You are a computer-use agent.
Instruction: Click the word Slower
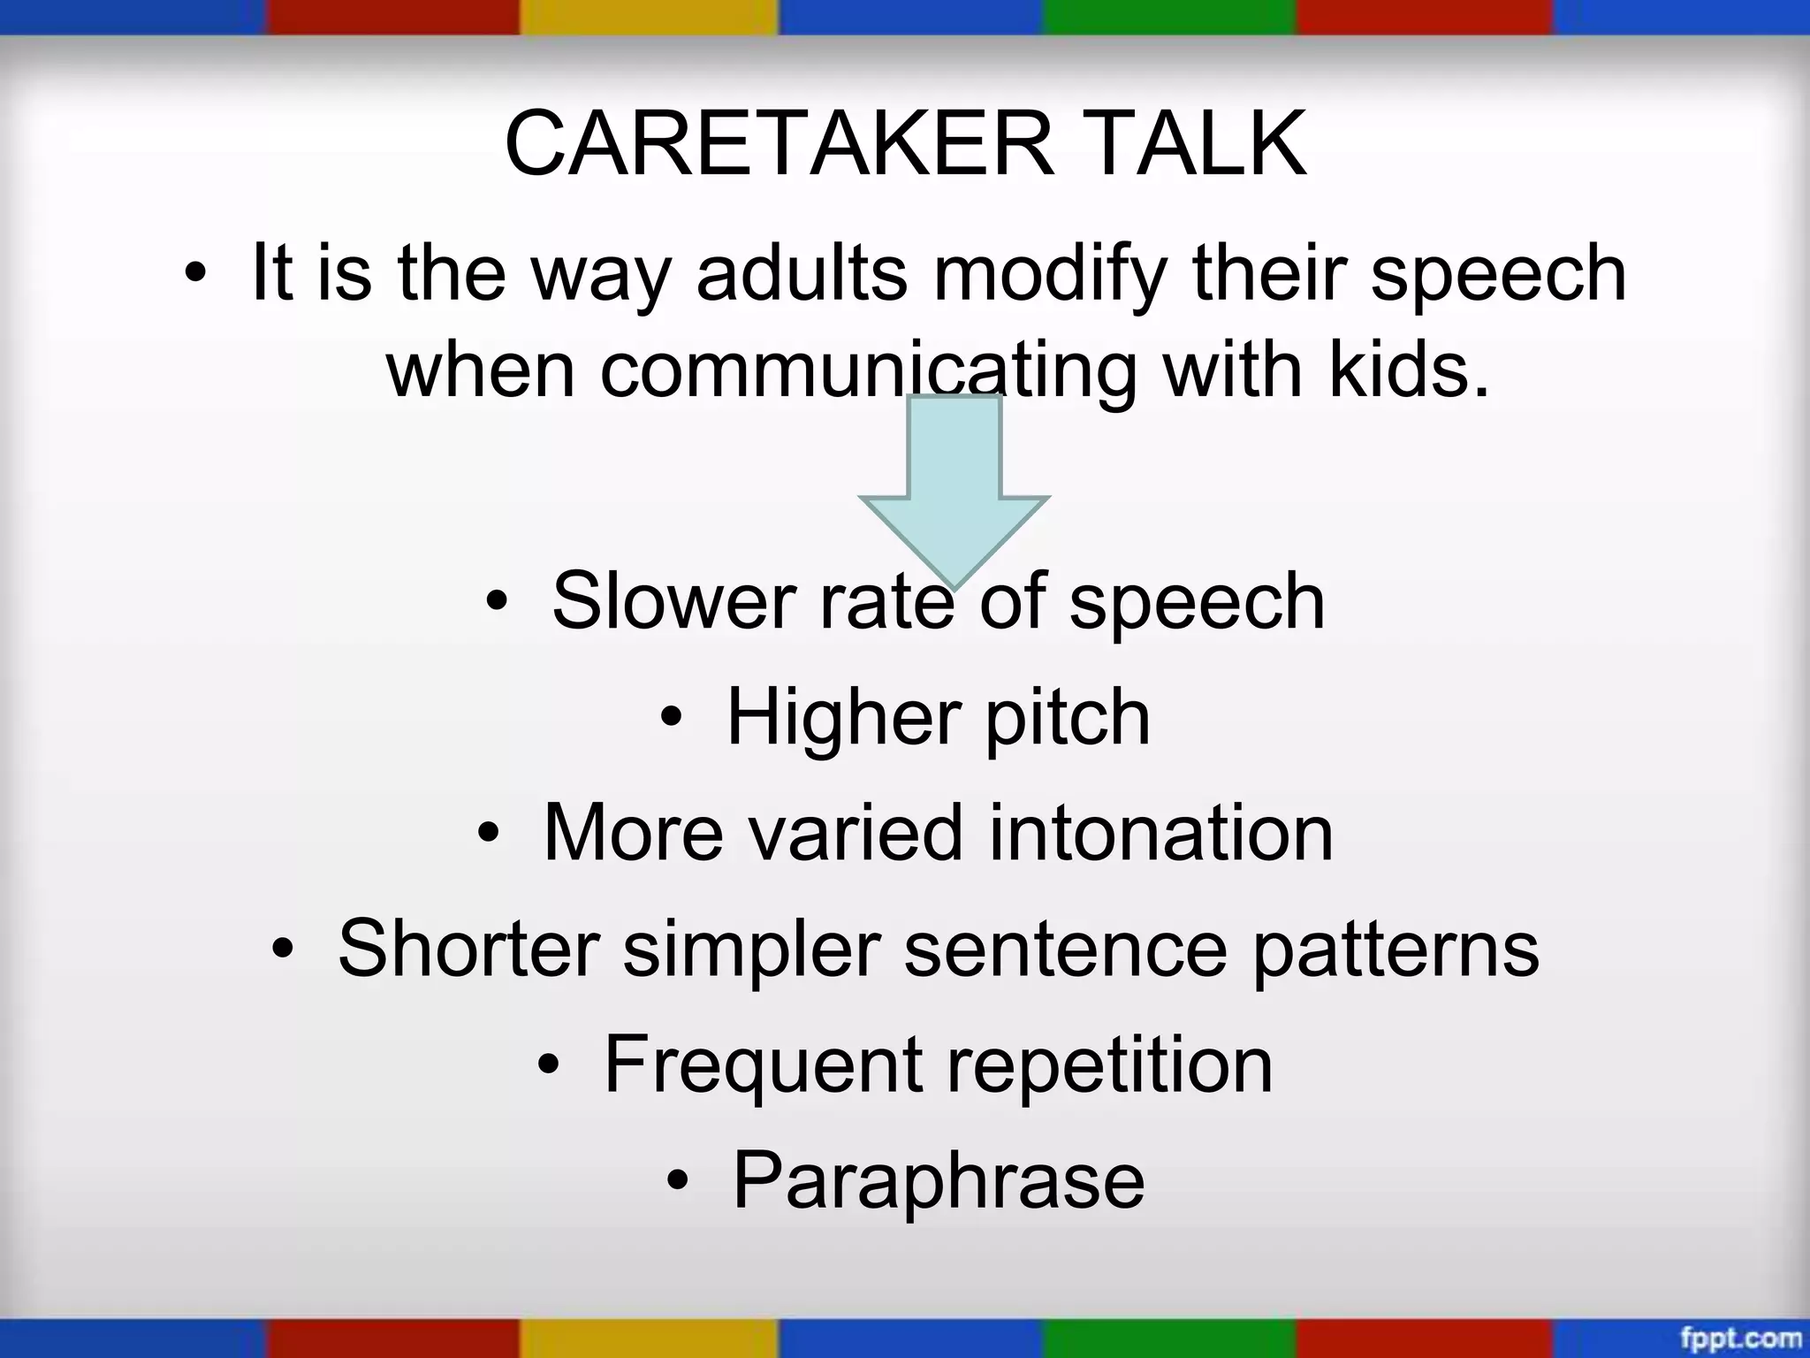(x=673, y=601)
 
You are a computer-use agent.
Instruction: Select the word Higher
(x=843, y=717)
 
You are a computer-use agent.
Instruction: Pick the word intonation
(x=1160, y=833)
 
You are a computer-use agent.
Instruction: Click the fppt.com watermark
(x=1740, y=1339)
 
